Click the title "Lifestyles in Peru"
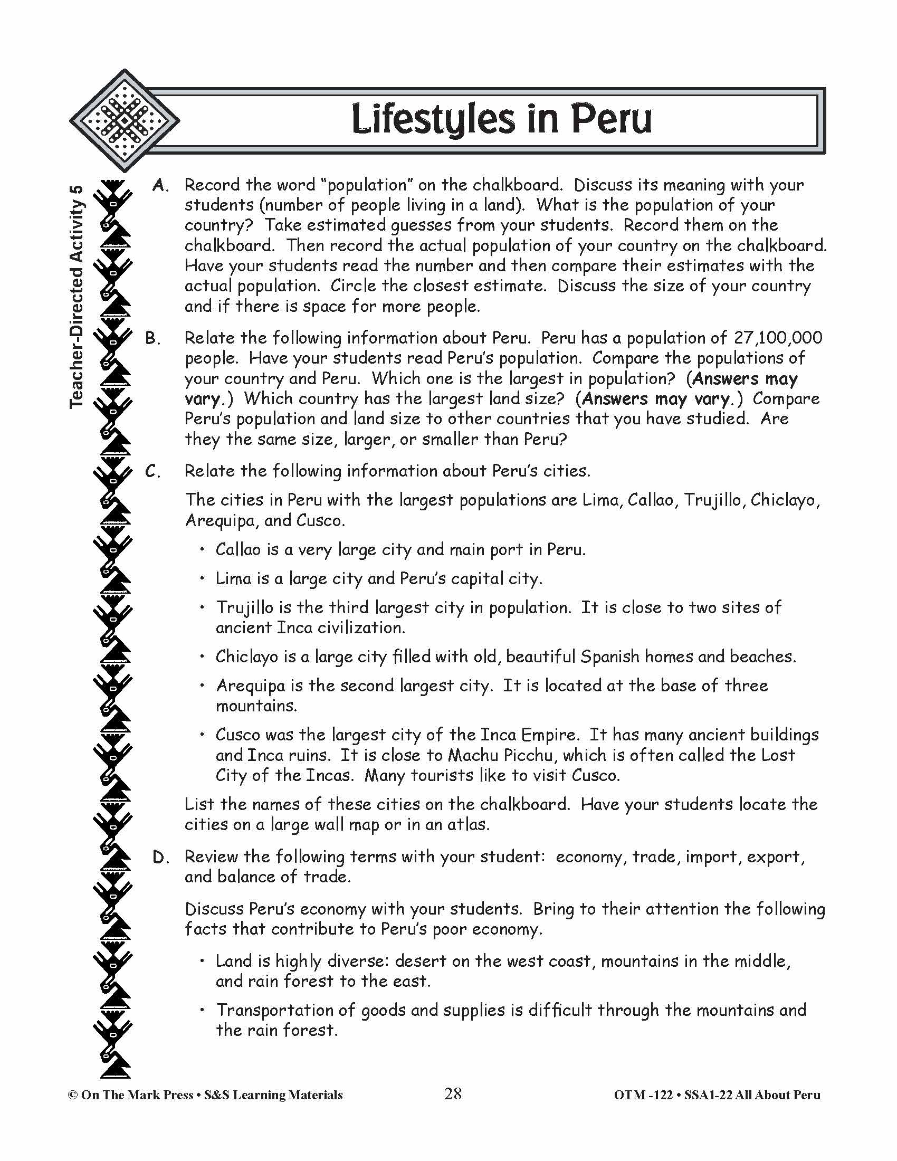(501, 120)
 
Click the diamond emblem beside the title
(125, 121)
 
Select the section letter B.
(153, 338)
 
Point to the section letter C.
(153, 471)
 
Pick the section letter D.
(160, 857)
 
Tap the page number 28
(453, 1093)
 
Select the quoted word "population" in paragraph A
(368, 185)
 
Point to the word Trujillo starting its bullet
(243, 607)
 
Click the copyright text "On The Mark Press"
(136, 1095)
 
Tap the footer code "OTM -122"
(643, 1095)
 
